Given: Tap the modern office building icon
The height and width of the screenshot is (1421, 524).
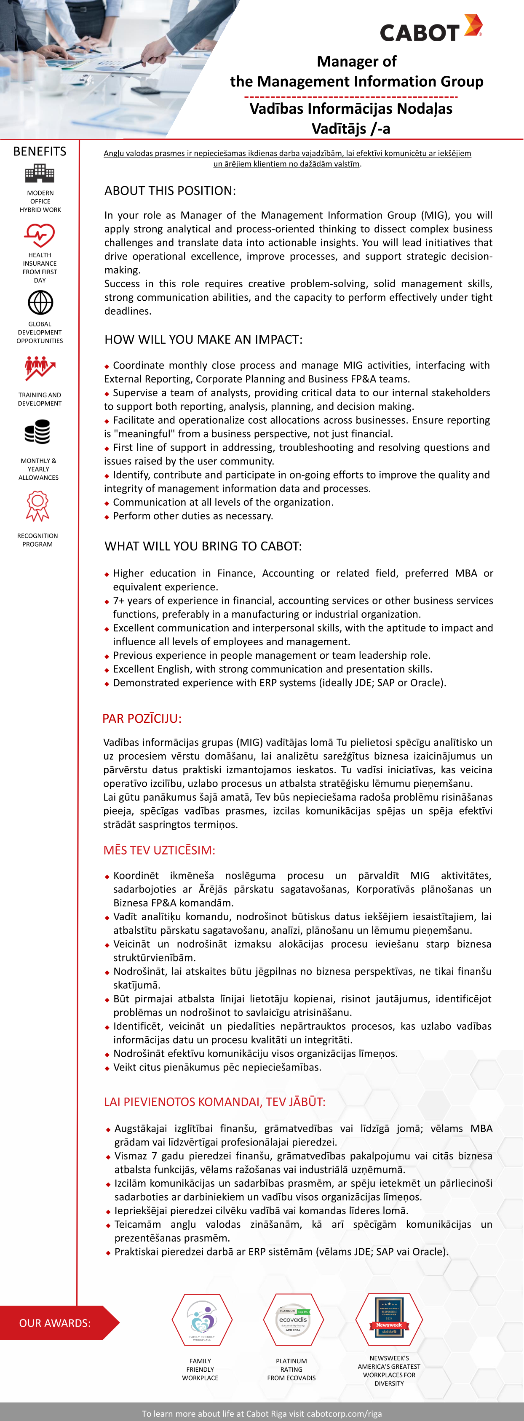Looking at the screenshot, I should [40, 174].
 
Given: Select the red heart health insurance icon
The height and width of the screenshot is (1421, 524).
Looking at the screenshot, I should [39, 235].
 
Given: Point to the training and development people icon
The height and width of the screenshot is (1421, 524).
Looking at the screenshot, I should [40, 369].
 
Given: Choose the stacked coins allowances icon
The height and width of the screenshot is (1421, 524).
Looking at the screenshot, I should [37, 431].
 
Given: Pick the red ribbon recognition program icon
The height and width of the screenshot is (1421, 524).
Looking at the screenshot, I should [37, 506].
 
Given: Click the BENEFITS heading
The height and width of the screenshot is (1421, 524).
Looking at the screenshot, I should [40, 151].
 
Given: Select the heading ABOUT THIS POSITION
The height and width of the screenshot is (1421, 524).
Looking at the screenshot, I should [170, 191].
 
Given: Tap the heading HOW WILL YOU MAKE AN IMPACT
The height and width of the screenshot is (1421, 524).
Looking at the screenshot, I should [203, 339].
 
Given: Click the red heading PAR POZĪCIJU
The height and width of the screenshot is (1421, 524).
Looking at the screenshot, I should [142, 718].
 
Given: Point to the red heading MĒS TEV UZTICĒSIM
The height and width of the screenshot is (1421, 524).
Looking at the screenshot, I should [159, 850].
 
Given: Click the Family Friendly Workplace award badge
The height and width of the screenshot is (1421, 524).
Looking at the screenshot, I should [202, 1320].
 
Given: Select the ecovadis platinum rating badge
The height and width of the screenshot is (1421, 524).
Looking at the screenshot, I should [292, 1320].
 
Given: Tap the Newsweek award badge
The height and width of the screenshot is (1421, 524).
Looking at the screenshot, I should [389, 1319].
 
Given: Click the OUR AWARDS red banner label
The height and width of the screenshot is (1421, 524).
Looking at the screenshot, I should [55, 1323].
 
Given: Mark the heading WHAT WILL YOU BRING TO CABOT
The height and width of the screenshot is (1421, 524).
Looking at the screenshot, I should [203, 546].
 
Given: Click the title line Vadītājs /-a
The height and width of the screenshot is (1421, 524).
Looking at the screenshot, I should [351, 128].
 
